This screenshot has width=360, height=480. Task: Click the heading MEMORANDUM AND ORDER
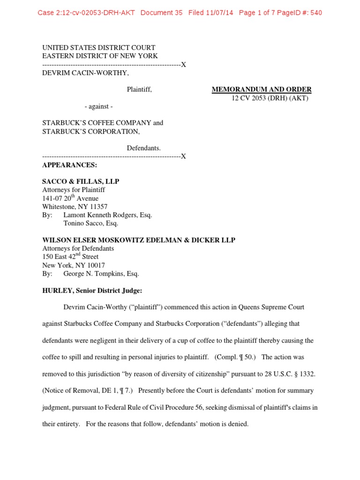pos(262,90)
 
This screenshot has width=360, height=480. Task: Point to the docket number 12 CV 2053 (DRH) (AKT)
pos(270,98)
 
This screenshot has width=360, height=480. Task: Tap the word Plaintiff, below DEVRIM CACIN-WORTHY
pos(139,90)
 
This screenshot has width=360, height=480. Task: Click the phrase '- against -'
pos(98,106)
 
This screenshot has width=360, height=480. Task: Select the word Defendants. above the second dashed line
pos(144,148)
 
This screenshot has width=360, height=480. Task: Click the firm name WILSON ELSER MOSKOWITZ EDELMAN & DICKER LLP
pos(139,240)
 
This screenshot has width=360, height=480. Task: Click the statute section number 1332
pos(305,374)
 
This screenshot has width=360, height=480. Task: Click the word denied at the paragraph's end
pos(238,424)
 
